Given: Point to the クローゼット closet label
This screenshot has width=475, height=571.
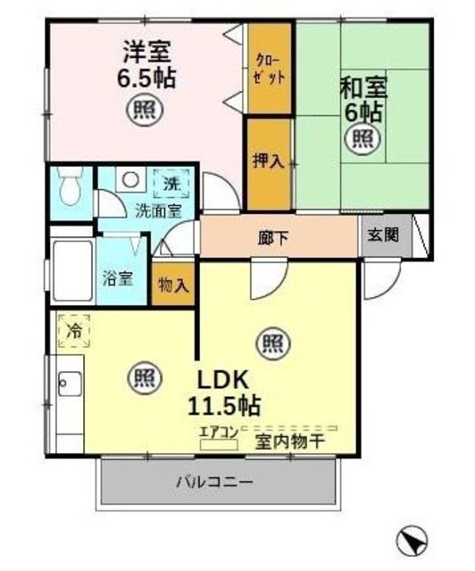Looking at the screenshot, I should click(269, 69).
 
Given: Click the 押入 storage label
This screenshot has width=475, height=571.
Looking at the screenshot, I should click(268, 161).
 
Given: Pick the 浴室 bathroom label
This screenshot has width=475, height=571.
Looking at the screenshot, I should click(121, 277).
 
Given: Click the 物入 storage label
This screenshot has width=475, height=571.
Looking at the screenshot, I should click(173, 285).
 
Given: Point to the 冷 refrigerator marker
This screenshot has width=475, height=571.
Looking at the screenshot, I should click(73, 330).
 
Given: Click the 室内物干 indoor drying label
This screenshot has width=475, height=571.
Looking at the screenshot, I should click(288, 441).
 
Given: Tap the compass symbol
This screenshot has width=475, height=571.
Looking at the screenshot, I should click(412, 540).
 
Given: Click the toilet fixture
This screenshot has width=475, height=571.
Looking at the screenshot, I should click(69, 188).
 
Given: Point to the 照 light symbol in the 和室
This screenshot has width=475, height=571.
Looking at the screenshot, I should click(362, 137).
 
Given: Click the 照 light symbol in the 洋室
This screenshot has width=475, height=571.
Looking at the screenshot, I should click(143, 111).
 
